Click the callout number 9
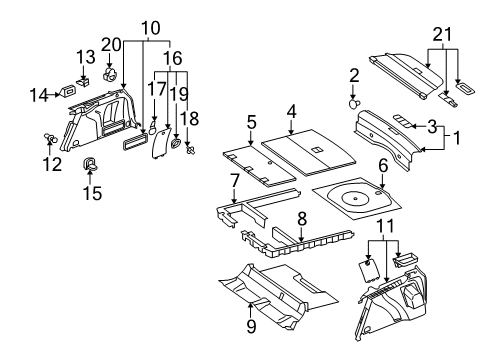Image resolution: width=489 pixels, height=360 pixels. (251, 325)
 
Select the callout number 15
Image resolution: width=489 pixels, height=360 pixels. (92, 192)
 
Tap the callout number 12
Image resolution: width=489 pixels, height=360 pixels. (52, 164)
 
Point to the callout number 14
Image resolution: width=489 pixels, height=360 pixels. (39, 95)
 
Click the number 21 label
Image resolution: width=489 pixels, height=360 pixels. (442, 34)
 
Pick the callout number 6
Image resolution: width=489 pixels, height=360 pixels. (383, 165)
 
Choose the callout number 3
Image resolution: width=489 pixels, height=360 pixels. (432, 126)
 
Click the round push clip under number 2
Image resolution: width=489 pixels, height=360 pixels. (353, 104)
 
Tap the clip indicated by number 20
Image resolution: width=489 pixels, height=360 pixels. (110, 75)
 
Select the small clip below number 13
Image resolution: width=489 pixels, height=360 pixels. (84, 82)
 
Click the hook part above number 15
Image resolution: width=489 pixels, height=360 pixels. (89, 164)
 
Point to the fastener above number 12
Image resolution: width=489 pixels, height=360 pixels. (50, 137)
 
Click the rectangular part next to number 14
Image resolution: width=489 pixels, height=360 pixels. (68, 91)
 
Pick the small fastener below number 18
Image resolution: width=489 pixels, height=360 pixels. (190, 150)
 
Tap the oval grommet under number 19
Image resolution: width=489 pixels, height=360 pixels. (175, 144)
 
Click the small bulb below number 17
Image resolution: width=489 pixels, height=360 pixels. (153, 128)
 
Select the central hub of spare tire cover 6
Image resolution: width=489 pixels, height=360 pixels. (355, 198)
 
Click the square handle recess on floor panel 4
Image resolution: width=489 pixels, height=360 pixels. (316, 150)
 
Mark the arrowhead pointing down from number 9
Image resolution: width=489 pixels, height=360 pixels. (251, 302)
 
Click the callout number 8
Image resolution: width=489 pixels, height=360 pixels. (302, 219)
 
